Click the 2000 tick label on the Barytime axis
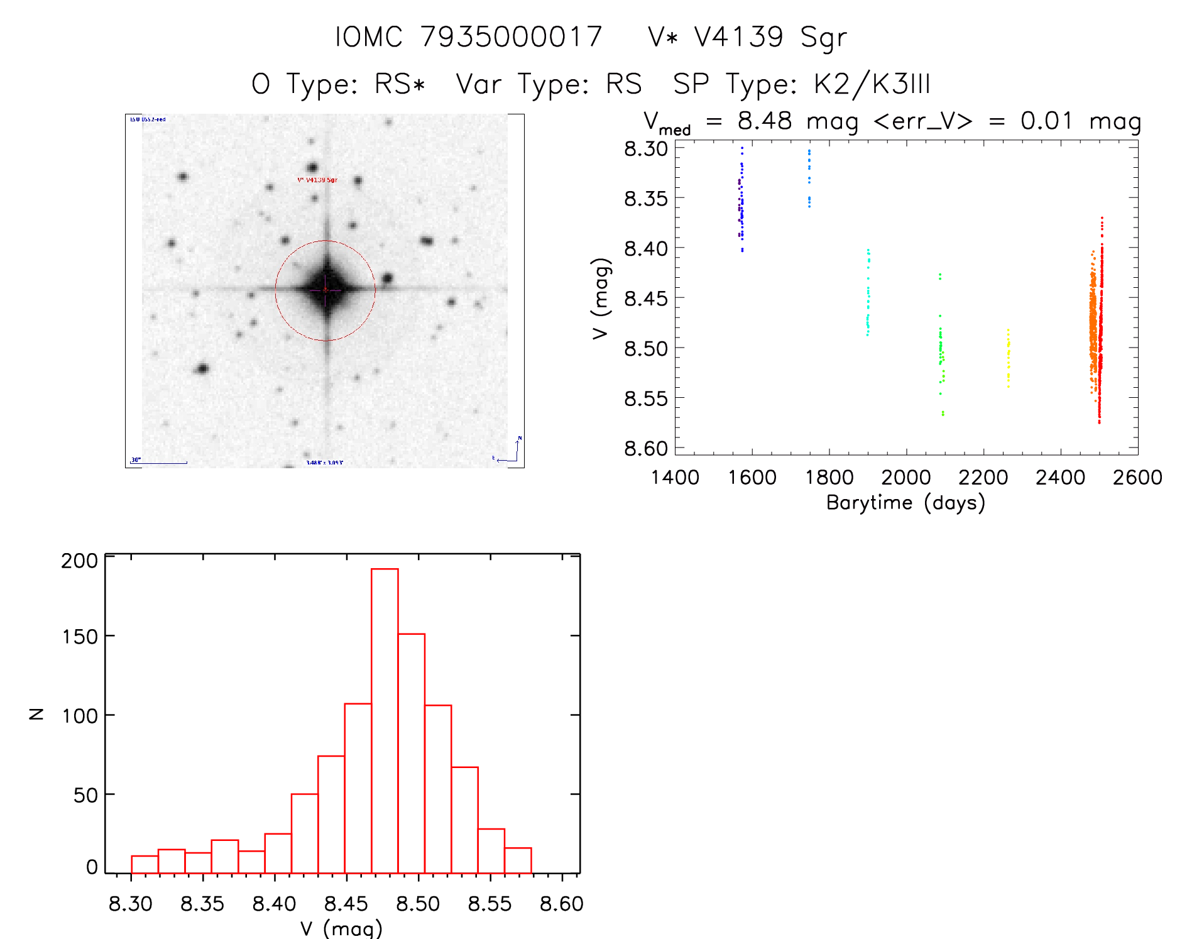(905, 478)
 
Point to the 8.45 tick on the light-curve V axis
(646, 298)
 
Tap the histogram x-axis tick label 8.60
(562, 904)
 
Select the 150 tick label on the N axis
(80, 637)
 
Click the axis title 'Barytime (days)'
(905, 503)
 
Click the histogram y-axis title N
(36, 714)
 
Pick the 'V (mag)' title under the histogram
(341, 928)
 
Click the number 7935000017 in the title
(511, 36)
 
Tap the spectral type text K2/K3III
(872, 84)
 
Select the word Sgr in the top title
(824, 38)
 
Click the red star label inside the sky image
(317, 180)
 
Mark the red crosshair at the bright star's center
(325, 290)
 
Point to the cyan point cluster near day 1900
(868, 293)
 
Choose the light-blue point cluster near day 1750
(809, 178)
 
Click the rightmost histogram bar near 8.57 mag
(518, 860)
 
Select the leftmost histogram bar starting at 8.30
(145, 864)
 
